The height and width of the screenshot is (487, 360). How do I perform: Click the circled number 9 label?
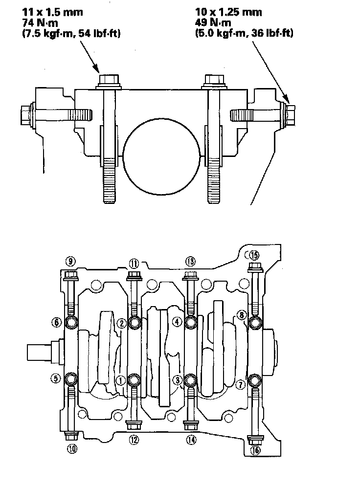(x=70, y=261)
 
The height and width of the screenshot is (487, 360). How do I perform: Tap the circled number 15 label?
(x=253, y=255)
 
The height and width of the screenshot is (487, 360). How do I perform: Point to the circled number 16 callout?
(x=255, y=450)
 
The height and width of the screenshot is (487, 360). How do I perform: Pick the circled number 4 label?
(x=177, y=321)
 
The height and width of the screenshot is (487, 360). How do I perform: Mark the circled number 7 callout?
(x=240, y=384)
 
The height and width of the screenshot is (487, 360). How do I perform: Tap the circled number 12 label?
(x=133, y=440)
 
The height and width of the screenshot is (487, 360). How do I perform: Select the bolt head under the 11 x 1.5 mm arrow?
(x=109, y=79)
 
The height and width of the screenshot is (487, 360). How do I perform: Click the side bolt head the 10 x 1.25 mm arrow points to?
(x=287, y=114)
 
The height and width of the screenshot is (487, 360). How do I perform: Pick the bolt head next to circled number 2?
(x=133, y=322)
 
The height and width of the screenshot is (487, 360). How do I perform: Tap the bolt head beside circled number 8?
(x=254, y=322)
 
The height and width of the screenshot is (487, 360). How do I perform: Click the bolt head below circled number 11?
(x=133, y=275)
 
